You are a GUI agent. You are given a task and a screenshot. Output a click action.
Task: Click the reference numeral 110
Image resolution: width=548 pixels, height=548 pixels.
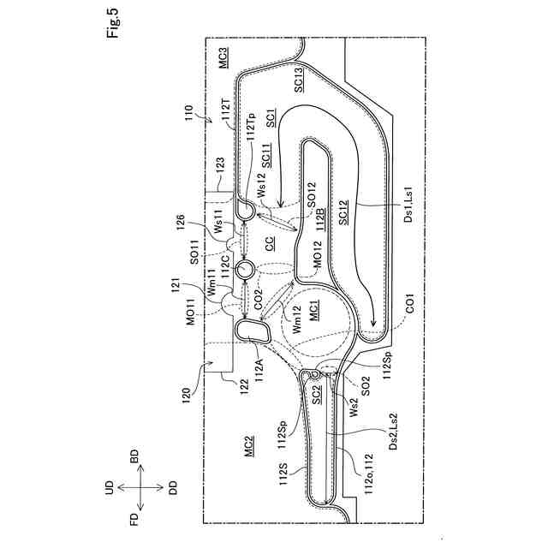click(x=187, y=113)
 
